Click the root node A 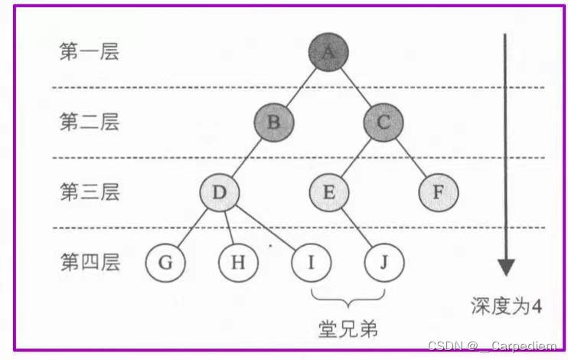pos(328,51)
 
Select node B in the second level pos(274,121)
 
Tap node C pos(383,121)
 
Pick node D pos(219,191)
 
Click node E pos(328,191)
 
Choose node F pos(438,191)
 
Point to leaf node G pos(165,263)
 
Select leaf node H pos(238,263)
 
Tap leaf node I pos(311,263)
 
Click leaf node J pos(384,263)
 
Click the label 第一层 pos(90,52)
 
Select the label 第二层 pos(90,122)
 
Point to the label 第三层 pos(90,192)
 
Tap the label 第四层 pos(90,263)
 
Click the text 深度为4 pos(506,306)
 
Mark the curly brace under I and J pos(348,296)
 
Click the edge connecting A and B pos(301,87)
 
